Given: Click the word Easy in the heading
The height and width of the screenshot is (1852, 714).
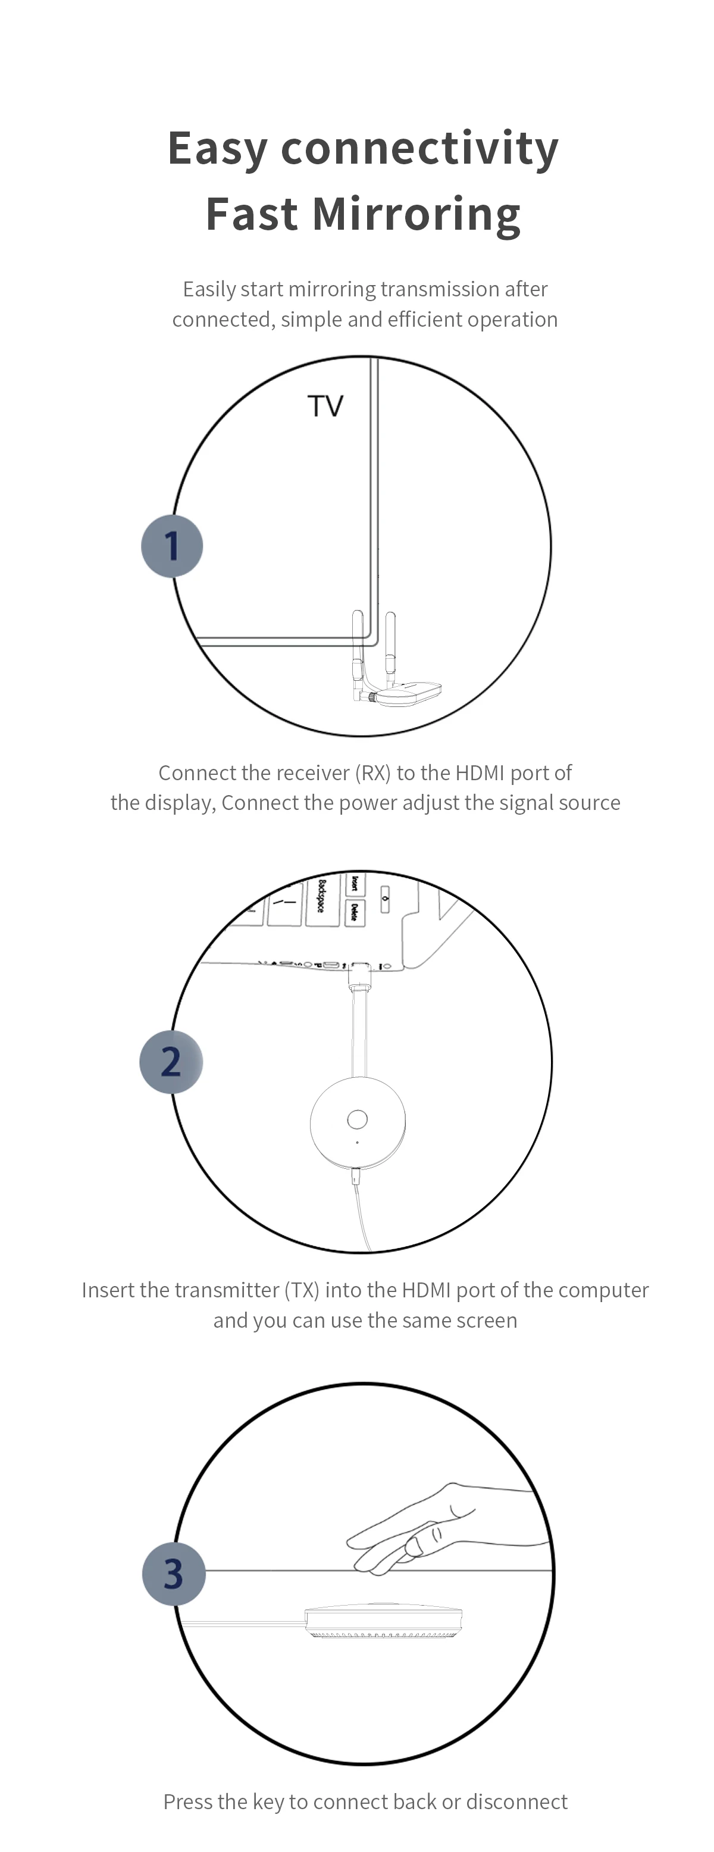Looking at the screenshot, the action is [217, 149].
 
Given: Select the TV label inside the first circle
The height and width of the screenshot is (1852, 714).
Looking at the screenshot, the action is [325, 406].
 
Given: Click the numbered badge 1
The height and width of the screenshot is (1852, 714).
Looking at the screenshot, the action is [172, 546].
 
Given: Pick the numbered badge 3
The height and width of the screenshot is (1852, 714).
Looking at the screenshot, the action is [173, 1573].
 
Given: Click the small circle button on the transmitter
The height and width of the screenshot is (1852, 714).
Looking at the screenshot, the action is [358, 1119].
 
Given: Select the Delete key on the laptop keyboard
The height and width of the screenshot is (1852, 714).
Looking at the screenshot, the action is [355, 912].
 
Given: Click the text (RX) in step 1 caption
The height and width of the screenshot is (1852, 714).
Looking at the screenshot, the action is [372, 773].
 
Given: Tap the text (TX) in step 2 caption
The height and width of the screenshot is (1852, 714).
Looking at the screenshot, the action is [302, 1290].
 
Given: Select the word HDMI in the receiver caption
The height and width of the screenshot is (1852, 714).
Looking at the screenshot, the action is [480, 773].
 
